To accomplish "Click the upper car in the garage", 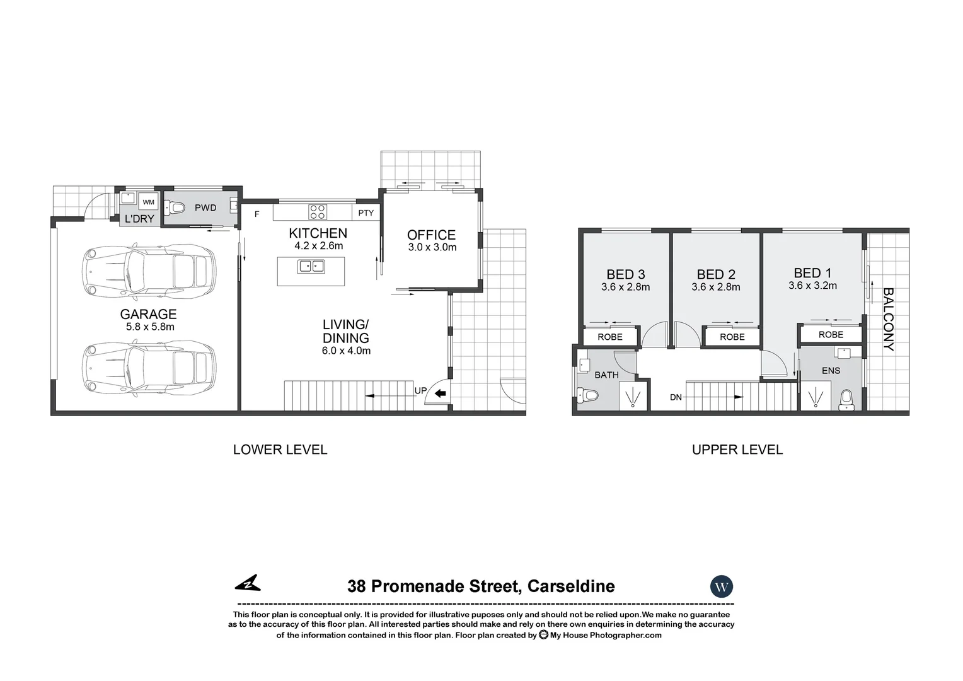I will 149,273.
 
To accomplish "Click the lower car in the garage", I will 149,368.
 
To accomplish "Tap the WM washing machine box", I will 148,202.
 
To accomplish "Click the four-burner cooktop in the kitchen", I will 317,211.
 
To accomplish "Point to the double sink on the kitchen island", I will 311,266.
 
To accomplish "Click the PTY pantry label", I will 366,213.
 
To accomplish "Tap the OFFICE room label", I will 431,235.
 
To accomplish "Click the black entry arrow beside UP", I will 440,394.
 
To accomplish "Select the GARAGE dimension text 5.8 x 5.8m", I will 150,327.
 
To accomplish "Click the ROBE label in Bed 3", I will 609,337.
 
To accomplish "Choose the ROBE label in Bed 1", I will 831,335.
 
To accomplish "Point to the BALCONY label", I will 888,319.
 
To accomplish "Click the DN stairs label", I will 676,397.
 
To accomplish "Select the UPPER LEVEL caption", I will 737,450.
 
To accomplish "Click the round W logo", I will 722,587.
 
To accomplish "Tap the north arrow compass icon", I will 248,583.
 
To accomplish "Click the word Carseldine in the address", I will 570,586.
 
